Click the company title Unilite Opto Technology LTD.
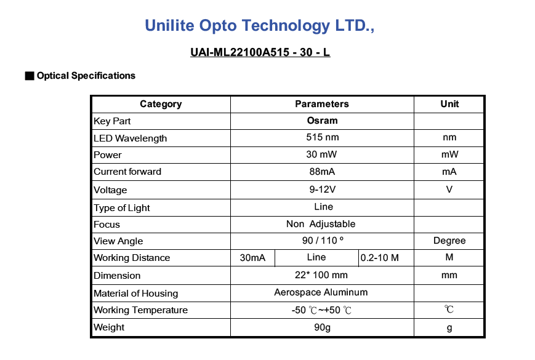260,26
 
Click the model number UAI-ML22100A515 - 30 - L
260,52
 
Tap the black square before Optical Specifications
30,76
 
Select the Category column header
161,104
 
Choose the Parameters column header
322,104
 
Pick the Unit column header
449,104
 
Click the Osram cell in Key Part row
322,121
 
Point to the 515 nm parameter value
323,137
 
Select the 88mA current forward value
322,172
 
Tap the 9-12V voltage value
323,189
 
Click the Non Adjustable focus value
321,224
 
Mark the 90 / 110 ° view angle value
323,241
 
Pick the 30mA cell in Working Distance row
252,258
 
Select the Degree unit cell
449,241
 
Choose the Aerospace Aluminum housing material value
321,292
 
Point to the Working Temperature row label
140,310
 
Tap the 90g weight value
322,327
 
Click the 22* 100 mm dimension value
321,275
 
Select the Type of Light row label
122,208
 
